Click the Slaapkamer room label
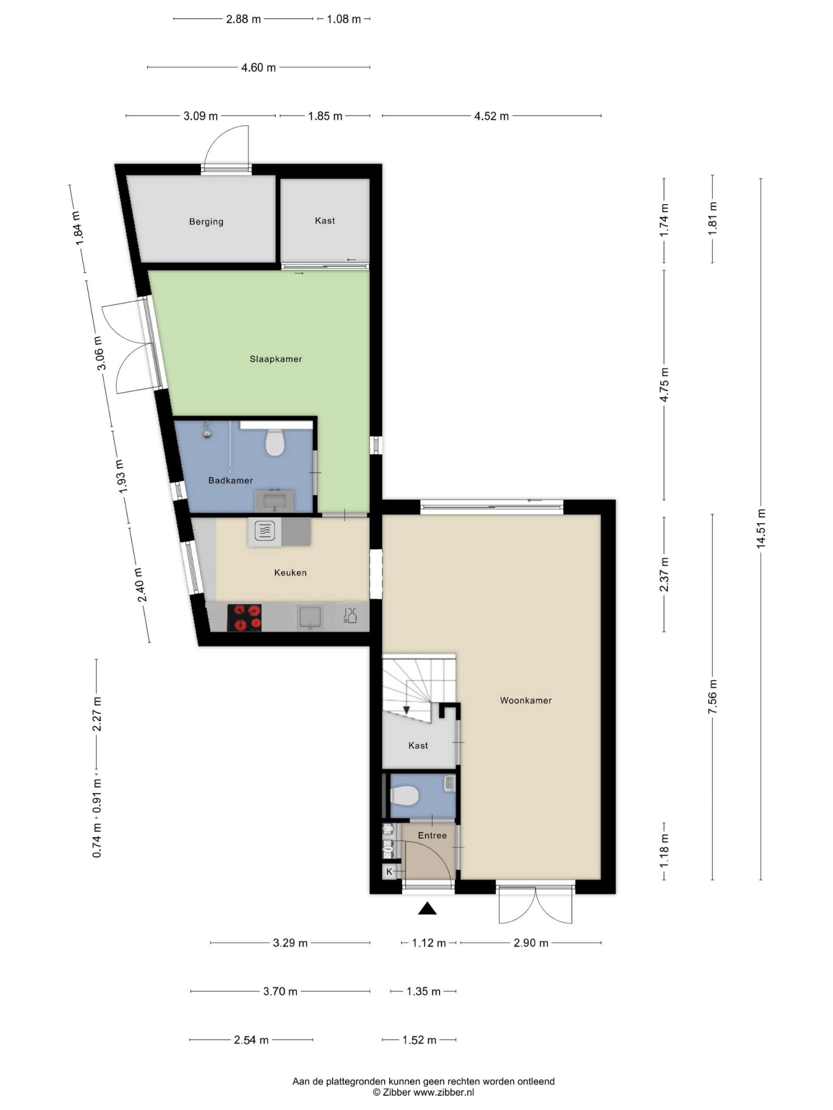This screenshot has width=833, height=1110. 275,359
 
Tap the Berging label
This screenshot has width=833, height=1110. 206,221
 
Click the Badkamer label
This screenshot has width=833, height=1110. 230,480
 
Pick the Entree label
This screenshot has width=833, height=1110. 432,835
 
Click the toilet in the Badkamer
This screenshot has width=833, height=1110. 275,441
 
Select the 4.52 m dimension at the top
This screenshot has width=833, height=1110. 491,116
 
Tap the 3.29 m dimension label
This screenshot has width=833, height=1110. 290,943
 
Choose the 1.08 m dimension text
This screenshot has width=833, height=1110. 344,19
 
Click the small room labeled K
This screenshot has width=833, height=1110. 389,872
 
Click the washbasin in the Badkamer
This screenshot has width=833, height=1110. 275,501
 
